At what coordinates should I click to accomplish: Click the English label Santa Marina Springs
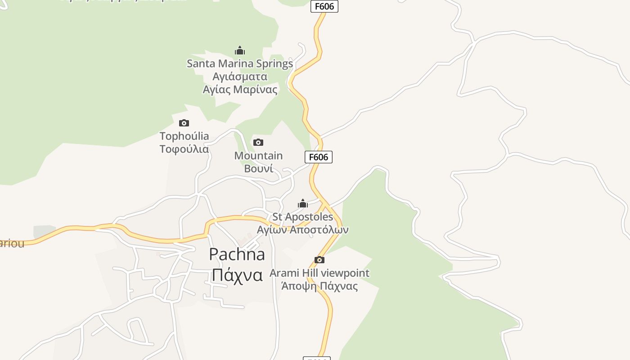point(240,63)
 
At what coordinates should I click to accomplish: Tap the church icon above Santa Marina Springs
point(240,50)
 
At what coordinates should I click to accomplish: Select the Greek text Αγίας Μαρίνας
point(240,90)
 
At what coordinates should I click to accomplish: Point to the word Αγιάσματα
point(240,76)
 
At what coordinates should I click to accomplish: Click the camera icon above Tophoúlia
point(184,123)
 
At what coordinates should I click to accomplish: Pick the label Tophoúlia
point(184,136)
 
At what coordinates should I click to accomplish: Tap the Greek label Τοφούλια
point(184,149)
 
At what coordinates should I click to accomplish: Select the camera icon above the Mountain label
point(258,143)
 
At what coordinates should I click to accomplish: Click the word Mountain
point(258,156)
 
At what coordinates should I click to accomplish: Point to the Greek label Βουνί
point(258,169)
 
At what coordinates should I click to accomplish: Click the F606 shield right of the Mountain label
point(319,157)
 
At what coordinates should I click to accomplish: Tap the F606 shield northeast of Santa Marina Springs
point(324,6)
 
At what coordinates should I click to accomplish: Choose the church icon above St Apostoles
point(303,204)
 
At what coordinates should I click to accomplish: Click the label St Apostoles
point(303,217)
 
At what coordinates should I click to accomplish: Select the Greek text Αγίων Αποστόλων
point(303,230)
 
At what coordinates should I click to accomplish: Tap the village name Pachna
point(237,255)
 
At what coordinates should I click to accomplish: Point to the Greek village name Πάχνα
point(237,275)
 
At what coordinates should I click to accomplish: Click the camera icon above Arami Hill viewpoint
point(319,260)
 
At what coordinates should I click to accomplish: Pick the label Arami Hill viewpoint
point(319,273)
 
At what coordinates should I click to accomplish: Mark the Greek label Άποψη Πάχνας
point(319,286)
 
